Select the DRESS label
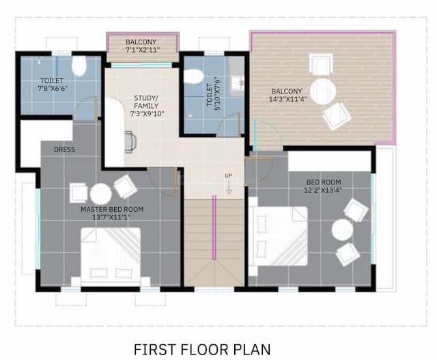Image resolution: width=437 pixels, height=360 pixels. [64, 149]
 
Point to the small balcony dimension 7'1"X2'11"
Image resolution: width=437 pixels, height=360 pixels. [143, 50]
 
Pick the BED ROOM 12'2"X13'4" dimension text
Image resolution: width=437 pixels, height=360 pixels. [322, 189]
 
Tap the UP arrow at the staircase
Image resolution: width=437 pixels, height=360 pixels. [229, 182]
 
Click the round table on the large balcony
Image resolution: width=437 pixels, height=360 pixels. [322, 91]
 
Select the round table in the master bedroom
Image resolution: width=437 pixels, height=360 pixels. [100, 194]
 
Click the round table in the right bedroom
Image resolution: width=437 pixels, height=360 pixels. [342, 230]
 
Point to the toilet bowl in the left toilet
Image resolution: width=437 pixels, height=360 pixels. [79, 67]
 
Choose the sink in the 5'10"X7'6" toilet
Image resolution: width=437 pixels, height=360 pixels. [236, 84]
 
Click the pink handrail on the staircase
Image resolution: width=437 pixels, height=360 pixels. [214, 226]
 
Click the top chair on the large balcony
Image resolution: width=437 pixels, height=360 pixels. [320, 64]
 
